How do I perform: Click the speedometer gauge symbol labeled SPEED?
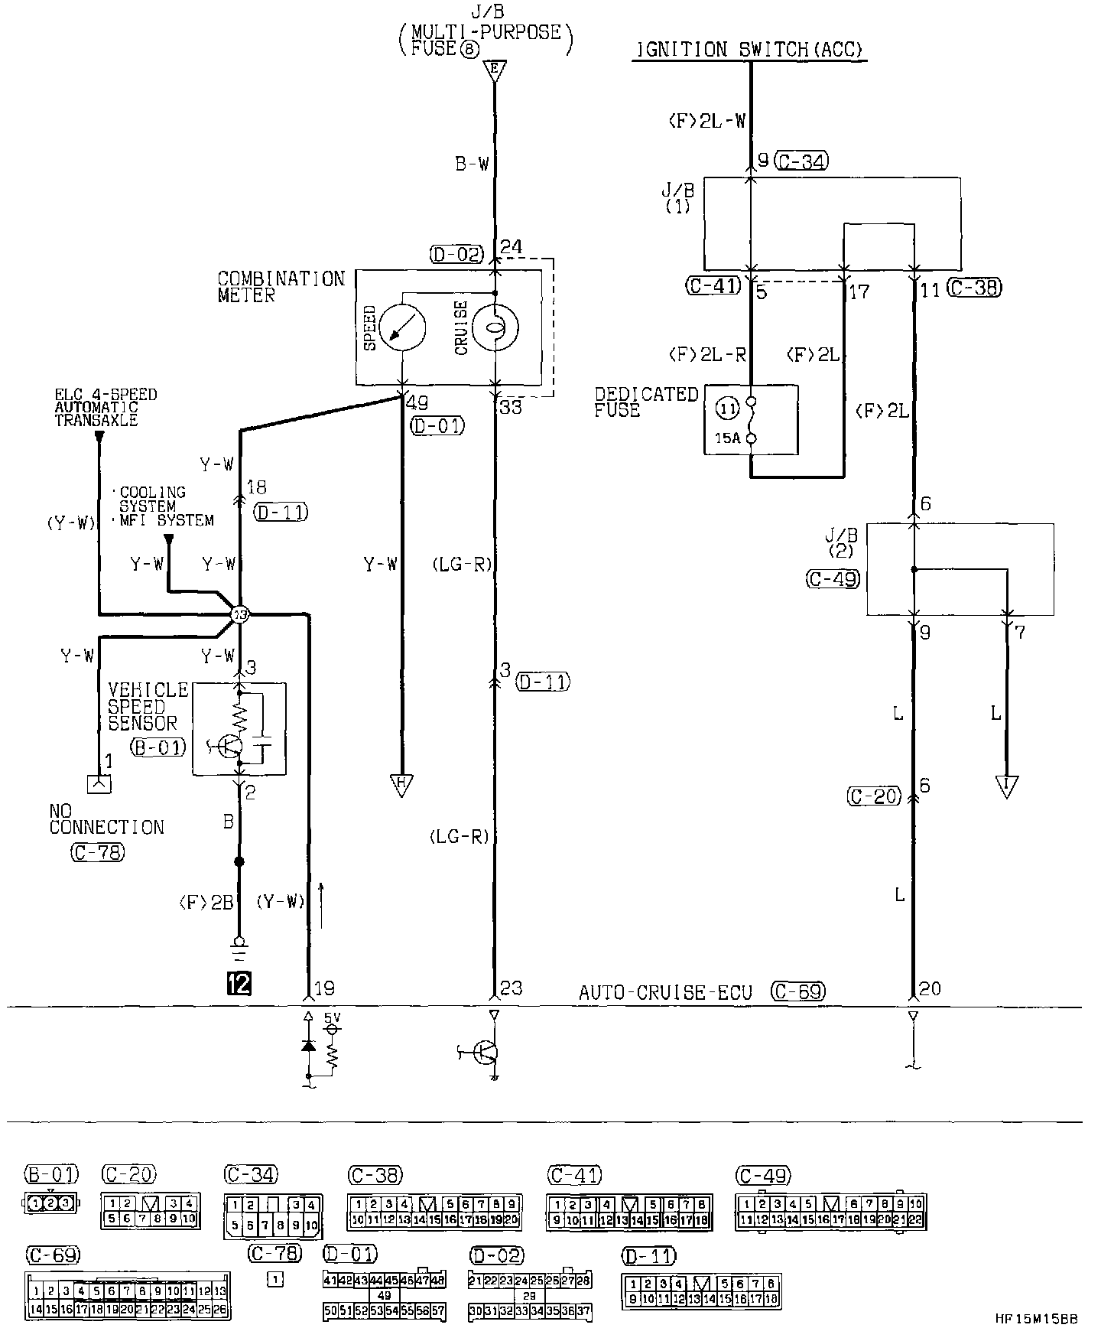pyautogui.click(x=403, y=328)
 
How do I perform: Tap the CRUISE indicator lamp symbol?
pyautogui.click(x=495, y=328)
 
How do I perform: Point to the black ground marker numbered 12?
pyautogui.click(x=239, y=983)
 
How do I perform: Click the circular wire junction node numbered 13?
pyautogui.click(x=240, y=614)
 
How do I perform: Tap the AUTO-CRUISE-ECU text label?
pyautogui.click(x=665, y=992)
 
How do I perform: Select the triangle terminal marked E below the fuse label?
pyautogui.click(x=495, y=72)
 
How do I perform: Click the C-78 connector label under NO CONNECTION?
pyautogui.click(x=97, y=852)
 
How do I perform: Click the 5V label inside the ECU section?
pyautogui.click(x=333, y=1018)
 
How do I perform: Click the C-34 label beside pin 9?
pyautogui.click(x=801, y=161)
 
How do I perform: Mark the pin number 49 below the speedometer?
pyautogui.click(x=417, y=403)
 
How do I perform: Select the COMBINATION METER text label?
pyautogui.click(x=281, y=287)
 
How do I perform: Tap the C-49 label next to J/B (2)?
pyautogui.click(x=833, y=579)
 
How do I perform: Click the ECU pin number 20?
pyautogui.click(x=930, y=988)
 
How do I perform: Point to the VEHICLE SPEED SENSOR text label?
pyautogui.click(x=148, y=706)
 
